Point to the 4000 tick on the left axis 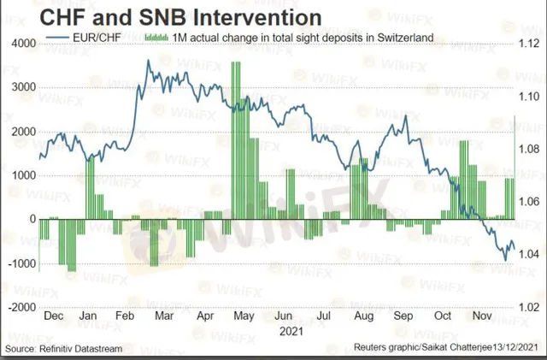click(x=23, y=43)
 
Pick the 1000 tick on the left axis click(x=23, y=174)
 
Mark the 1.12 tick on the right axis click(x=526, y=43)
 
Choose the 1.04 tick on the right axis click(x=526, y=254)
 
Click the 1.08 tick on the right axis click(x=526, y=148)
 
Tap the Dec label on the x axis click(x=53, y=316)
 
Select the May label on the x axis click(x=244, y=316)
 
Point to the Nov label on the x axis click(x=480, y=316)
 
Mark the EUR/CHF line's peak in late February click(x=149, y=61)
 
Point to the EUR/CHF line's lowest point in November click(x=504, y=258)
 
